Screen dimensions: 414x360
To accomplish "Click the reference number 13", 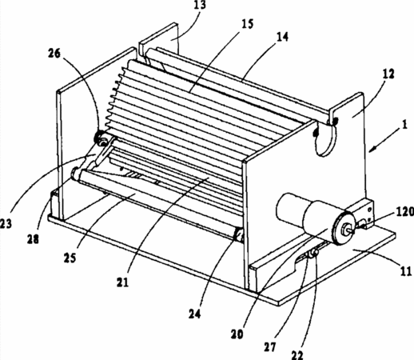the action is tap(200, 5).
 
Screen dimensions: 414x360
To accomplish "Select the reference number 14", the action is tap(281, 37).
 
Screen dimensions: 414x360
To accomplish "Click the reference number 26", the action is tap(54, 54).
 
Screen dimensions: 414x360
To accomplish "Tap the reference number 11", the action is tap(406, 271).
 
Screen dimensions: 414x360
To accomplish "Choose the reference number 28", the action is tap(33, 238).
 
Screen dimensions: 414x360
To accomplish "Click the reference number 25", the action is tap(70, 258).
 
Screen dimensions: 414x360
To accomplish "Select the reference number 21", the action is tap(122, 282).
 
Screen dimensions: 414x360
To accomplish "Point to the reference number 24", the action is tap(195, 314).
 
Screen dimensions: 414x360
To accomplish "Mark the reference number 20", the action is tap(237, 334).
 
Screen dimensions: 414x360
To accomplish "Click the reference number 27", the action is tap(271, 347).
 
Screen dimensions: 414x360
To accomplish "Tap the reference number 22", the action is tap(297, 354).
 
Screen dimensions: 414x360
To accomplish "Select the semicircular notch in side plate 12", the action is tap(325, 138).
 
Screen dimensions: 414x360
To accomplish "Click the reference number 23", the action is tap(6, 223).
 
